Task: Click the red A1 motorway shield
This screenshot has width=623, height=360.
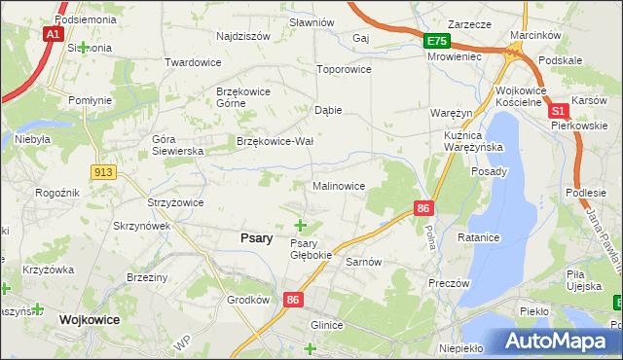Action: point(54,33)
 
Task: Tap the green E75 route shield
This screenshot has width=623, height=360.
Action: point(436,41)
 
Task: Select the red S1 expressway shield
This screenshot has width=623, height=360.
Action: point(559,113)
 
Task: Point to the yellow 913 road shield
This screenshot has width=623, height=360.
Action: point(104,171)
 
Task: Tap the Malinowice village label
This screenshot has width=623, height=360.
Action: point(339,186)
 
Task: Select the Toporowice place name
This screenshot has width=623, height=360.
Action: point(345,70)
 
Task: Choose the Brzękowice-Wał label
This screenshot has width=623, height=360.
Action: point(275,141)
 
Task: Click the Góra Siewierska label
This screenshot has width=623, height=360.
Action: point(176,145)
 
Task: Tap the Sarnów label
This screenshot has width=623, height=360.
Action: point(363,263)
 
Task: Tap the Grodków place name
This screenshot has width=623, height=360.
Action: point(247,300)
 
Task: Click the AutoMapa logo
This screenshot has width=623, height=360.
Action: point(558,341)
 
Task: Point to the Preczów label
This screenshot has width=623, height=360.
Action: point(449,283)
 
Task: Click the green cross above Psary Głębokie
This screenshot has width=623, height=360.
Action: point(300,226)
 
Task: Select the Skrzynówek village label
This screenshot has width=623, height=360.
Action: point(142,226)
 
